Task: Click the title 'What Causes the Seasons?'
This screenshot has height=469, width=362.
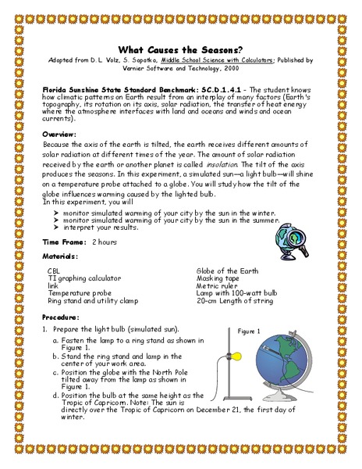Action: pos(181,47)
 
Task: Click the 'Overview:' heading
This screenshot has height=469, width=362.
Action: pos(59,134)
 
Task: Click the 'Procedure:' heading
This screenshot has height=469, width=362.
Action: pos(62,317)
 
